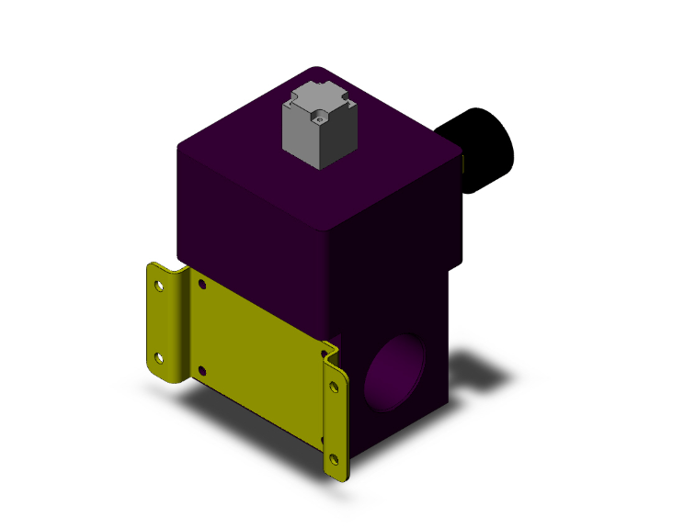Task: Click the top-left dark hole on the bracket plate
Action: [x=202, y=286]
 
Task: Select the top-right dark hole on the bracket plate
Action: [x=324, y=351]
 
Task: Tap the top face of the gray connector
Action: [x=318, y=102]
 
